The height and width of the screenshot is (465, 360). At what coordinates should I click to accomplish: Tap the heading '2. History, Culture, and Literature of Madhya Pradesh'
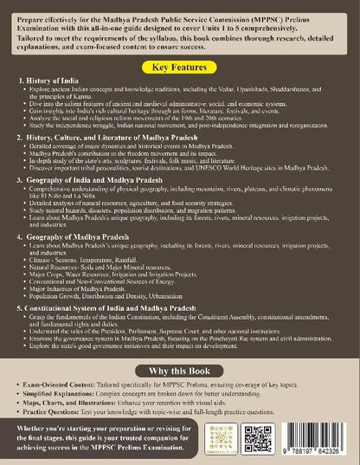coord(104,137)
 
